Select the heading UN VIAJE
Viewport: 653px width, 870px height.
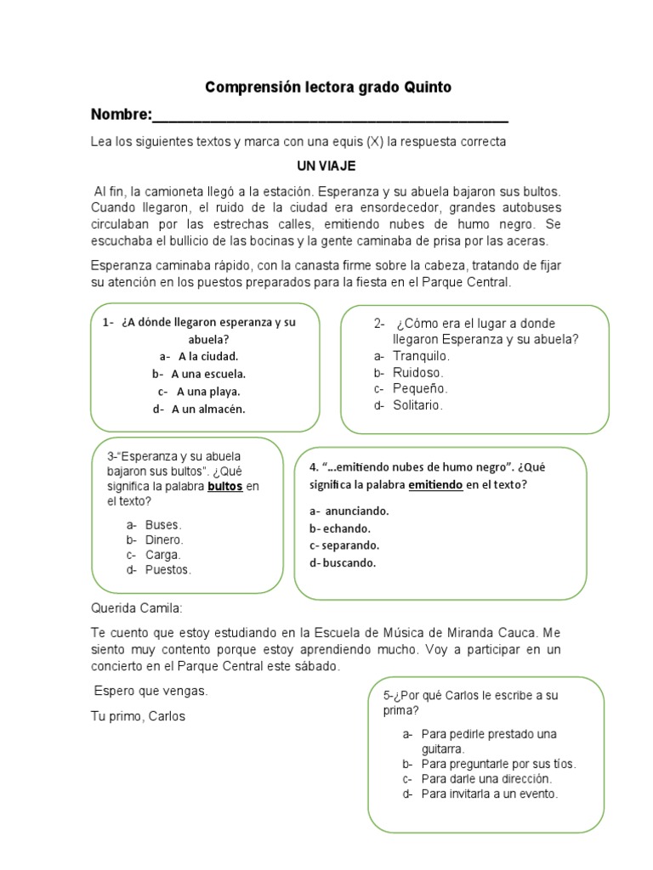tap(326, 166)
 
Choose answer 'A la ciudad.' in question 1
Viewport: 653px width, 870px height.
tap(207, 356)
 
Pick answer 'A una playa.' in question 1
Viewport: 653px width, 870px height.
tap(208, 392)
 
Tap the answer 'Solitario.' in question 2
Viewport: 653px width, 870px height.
tap(417, 405)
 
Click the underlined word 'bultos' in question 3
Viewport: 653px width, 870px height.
tap(225, 487)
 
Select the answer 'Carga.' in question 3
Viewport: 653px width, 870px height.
tap(162, 555)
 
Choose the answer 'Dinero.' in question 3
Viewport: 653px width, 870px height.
tap(164, 540)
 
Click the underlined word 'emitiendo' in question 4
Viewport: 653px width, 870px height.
tap(435, 484)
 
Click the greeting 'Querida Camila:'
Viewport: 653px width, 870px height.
tap(137, 608)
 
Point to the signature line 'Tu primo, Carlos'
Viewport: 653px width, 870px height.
tap(138, 716)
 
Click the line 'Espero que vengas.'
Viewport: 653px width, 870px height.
tap(150, 691)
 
